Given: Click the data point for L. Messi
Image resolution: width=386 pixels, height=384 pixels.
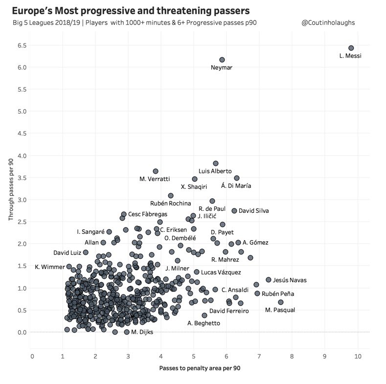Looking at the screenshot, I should pyautogui.click(x=351, y=48).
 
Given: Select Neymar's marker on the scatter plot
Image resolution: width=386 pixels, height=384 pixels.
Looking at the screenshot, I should pyautogui.click(x=222, y=60).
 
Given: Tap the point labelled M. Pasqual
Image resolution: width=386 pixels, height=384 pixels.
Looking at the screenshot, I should pyautogui.click(x=280, y=302).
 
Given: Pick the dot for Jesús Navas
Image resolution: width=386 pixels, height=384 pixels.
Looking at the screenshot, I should pyautogui.click(x=268, y=280).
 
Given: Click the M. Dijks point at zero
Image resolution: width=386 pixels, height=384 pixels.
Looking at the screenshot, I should pyautogui.click(x=127, y=332).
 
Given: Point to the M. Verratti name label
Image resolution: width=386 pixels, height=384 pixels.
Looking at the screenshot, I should pyautogui.click(x=155, y=179).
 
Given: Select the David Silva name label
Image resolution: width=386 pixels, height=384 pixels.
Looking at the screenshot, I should pyautogui.click(x=253, y=211).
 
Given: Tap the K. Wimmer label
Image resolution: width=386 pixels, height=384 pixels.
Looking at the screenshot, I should pyautogui.click(x=49, y=267).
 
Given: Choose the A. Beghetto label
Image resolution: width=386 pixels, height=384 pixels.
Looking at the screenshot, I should pyautogui.click(x=204, y=323).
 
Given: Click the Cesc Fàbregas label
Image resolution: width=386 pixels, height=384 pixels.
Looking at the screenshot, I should pyautogui.click(x=148, y=214).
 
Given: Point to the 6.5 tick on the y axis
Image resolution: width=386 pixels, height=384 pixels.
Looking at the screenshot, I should pyautogui.click(x=22, y=45).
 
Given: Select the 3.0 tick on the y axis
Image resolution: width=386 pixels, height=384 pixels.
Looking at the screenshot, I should pyautogui.click(x=22, y=200).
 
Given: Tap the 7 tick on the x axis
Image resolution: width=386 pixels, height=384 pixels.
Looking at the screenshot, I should pyautogui.click(x=259, y=356).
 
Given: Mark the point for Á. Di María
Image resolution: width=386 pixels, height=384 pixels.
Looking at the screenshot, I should pyautogui.click(x=237, y=178).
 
